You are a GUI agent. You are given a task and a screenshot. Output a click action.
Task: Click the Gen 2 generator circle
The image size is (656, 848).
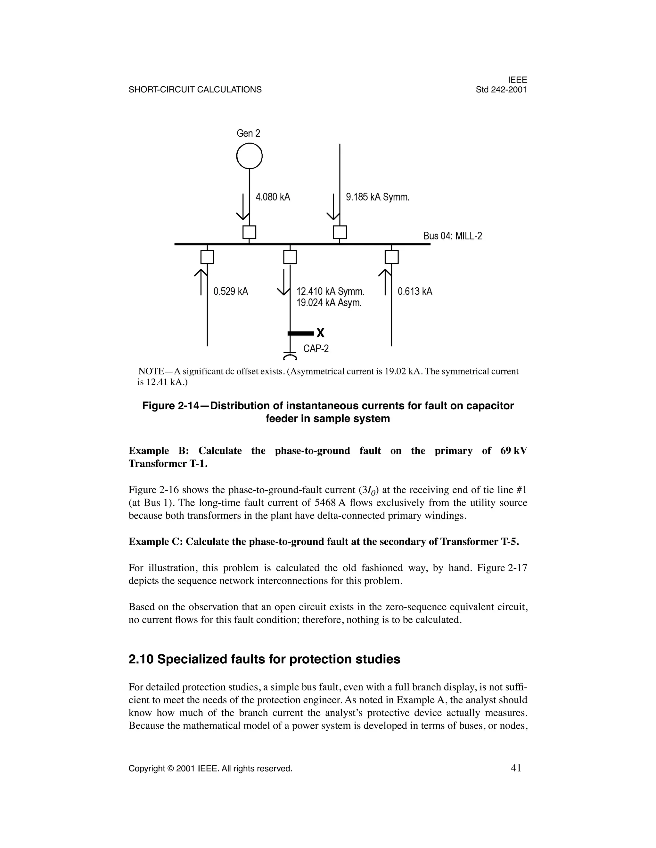(x=249, y=156)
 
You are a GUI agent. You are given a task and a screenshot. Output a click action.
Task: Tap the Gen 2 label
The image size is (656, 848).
(x=248, y=133)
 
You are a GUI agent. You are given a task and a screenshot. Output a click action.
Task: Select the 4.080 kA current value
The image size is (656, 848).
(x=273, y=197)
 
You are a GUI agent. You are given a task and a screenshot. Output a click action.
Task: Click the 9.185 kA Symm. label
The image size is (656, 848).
(x=378, y=197)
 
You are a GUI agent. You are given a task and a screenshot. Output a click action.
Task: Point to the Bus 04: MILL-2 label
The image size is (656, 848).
(x=452, y=236)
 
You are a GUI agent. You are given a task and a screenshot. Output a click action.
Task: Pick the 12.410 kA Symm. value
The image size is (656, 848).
(x=330, y=292)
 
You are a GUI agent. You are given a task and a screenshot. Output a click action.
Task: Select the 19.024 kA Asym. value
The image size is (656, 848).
(x=329, y=303)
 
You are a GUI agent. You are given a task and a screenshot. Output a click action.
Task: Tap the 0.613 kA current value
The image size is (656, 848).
(x=415, y=292)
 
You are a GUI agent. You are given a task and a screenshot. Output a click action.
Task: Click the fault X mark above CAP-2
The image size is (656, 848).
(x=320, y=333)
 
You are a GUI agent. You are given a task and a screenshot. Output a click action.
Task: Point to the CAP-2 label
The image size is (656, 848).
(x=316, y=349)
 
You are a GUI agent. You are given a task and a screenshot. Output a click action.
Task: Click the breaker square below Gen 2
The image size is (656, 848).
(x=249, y=232)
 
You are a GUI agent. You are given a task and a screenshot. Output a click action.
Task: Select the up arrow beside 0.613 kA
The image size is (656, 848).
(x=385, y=282)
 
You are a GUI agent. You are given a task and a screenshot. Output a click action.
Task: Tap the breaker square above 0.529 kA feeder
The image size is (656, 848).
(x=207, y=257)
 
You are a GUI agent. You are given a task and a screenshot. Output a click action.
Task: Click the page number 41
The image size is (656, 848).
(x=516, y=768)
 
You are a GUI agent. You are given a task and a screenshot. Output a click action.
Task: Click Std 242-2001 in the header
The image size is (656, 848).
(x=501, y=90)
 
